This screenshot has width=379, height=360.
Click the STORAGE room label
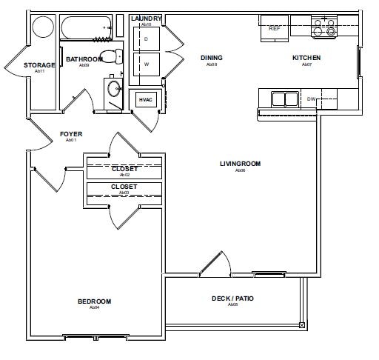tap(39, 65)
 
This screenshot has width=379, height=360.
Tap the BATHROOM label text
tap(83, 59)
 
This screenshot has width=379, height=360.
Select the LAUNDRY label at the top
tap(146, 18)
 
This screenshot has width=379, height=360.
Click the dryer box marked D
tap(147, 39)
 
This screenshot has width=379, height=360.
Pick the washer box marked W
tap(147, 64)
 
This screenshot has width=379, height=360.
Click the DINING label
tap(212, 58)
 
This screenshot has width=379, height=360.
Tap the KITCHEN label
tap(305, 58)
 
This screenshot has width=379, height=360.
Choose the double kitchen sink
tap(284, 99)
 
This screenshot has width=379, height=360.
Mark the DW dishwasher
tap(312, 99)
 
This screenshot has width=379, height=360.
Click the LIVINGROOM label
tap(240, 164)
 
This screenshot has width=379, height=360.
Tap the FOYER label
tap(71, 134)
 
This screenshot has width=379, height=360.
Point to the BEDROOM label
tap(95, 301)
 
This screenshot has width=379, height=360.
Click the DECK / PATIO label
tap(232, 299)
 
